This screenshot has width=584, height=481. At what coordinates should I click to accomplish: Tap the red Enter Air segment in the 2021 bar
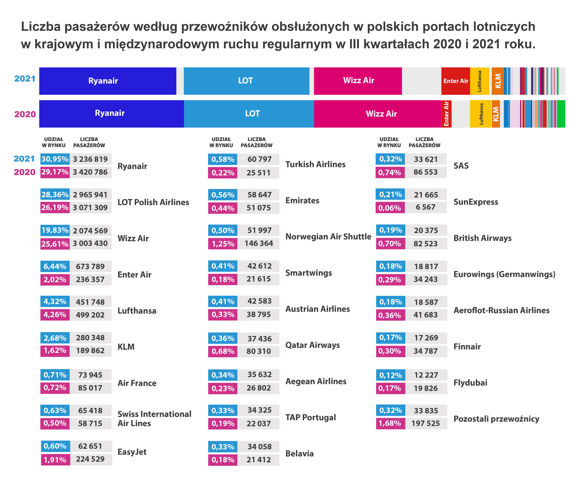[x=455, y=81]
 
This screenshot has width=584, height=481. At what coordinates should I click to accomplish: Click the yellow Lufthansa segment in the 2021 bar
[x=479, y=81]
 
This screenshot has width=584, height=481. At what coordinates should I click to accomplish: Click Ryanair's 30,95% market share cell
[x=55, y=159]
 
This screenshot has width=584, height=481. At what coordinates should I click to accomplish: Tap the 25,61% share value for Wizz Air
[x=55, y=244]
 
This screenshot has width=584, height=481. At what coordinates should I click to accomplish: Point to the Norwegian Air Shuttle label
[x=328, y=237]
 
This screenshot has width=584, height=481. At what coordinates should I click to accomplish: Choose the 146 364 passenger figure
[x=259, y=244]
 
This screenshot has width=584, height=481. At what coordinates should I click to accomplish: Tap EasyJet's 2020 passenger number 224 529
[x=90, y=459]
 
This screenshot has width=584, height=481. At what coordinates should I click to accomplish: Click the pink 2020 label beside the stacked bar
[x=25, y=114]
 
